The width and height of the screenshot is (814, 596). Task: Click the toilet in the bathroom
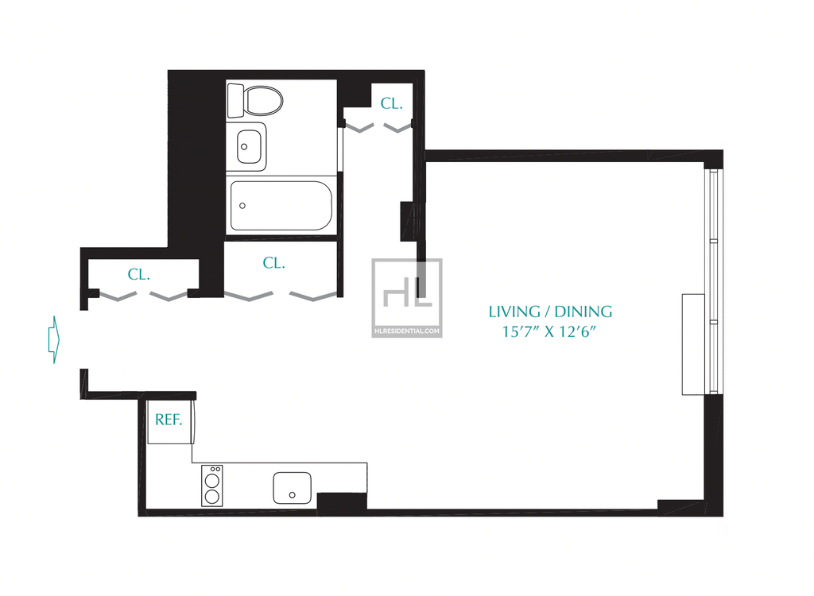point(255,100)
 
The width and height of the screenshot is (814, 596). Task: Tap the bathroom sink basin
point(249,147)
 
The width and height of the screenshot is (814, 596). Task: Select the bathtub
point(281,206)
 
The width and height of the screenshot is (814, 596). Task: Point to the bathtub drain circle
point(242,206)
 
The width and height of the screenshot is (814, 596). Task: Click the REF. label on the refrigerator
point(169,420)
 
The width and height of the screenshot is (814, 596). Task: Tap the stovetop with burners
point(211,486)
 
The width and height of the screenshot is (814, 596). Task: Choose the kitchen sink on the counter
point(293,487)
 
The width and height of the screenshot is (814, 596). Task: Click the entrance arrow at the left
point(54,339)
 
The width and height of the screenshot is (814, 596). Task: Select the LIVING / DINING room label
point(550,312)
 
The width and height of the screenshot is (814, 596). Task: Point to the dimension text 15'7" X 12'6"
point(548,331)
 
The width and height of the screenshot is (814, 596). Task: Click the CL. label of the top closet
point(391,104)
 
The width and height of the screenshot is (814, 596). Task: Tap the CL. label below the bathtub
point(274,263)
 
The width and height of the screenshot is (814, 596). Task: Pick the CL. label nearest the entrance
point(138,275)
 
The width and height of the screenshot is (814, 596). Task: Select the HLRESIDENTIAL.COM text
point(407,331)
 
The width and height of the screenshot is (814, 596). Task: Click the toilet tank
point(235,100)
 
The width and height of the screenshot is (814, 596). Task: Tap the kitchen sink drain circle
point(293,495)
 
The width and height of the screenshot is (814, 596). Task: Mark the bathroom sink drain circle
point(244,147)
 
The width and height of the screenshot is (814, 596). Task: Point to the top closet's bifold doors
point(378,127)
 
